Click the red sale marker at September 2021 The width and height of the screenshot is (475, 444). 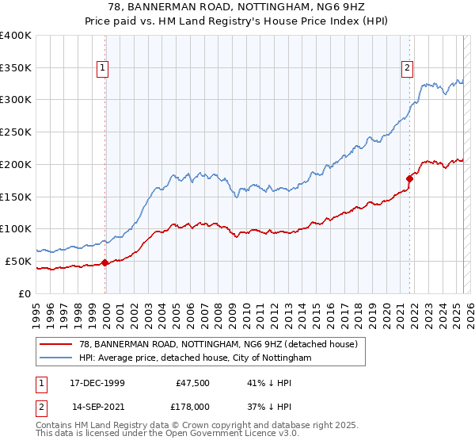click(409, 178)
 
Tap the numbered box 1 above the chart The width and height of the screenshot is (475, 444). click(104, 69)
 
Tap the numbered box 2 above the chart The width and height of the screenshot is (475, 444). click(408, 69)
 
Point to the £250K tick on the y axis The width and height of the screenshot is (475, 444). click(16, 132)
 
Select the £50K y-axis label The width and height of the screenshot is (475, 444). click(19, 261)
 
